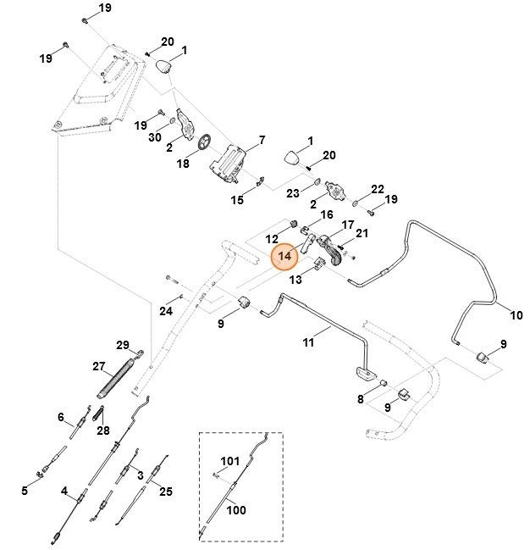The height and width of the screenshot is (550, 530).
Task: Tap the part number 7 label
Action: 262,140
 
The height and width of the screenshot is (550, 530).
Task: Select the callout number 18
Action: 183,164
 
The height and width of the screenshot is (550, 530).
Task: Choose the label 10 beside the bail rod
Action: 516,316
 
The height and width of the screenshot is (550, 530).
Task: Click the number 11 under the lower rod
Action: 308,342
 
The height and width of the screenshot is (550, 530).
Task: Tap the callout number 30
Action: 155,137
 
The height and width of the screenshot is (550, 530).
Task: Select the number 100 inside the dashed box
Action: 236,511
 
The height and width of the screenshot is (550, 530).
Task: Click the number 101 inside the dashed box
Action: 230,462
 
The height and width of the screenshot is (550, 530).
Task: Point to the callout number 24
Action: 166,311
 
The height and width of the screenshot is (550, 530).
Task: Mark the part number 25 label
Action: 166,492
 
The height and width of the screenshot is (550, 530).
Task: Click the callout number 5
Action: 25,491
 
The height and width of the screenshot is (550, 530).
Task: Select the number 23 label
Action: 292,193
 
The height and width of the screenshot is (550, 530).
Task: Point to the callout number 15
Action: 238,200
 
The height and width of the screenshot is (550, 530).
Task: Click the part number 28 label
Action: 103,431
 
